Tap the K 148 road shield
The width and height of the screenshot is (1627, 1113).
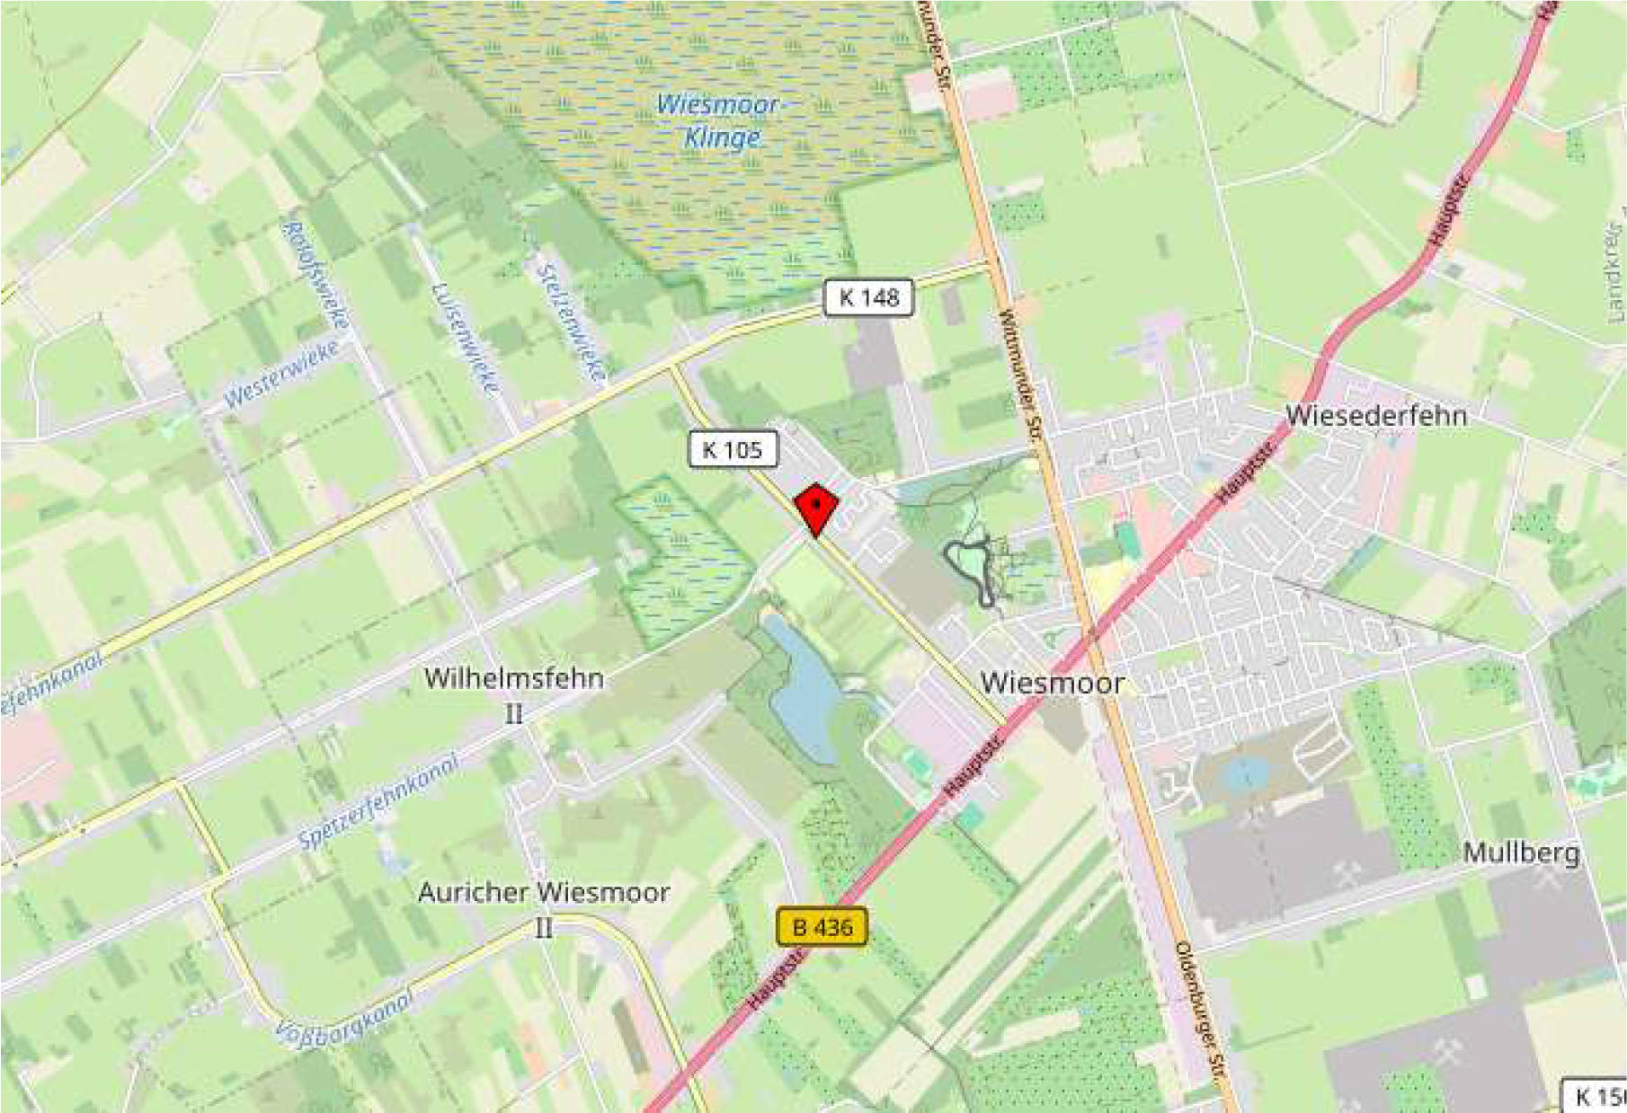(868, 298)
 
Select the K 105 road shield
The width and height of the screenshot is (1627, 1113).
(733, 449)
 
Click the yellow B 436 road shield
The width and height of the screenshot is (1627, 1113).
(822, 926)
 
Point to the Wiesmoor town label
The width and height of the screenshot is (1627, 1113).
(1052, 683)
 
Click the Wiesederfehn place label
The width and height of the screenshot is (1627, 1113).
(1375, 416)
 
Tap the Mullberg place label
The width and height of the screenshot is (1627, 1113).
(1521, 852)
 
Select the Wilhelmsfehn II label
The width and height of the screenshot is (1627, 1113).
(513, 692)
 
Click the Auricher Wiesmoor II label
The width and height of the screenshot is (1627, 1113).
(543, 905)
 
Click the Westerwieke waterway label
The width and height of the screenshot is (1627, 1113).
(281, 374)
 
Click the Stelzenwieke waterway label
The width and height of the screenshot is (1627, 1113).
(571, 322)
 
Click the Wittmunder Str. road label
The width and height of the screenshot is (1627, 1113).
(1019, 377)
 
